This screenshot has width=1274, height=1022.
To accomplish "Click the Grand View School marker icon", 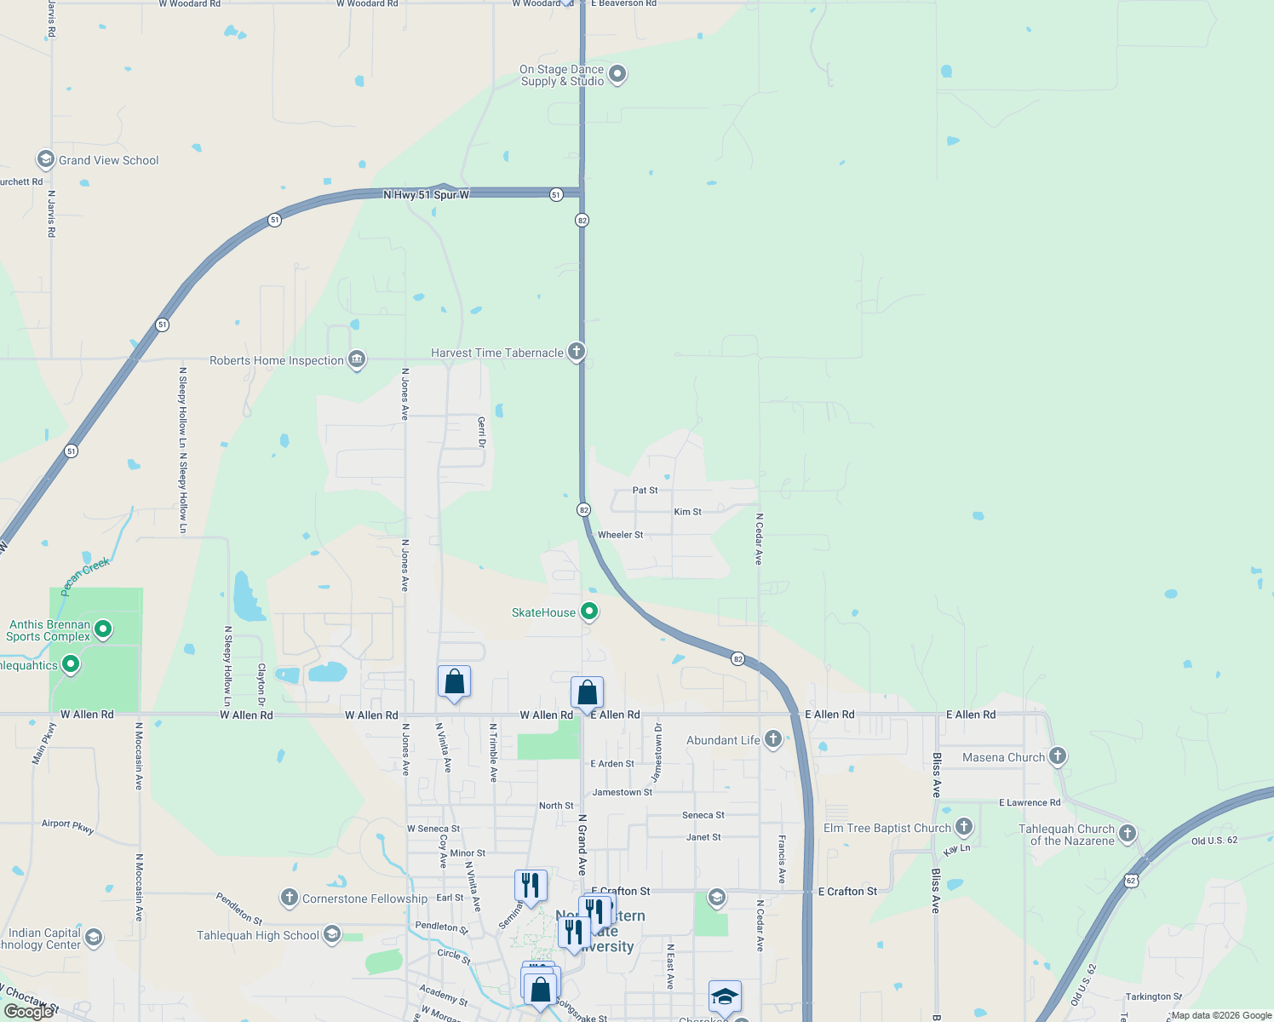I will point(45,159).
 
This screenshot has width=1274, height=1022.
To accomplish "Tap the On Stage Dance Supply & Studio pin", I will point(617,74).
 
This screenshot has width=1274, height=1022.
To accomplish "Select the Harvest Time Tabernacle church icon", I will point(577,351).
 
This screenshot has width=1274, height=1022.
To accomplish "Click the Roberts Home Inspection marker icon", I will point(357,359).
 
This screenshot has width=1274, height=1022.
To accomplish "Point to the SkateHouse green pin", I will point(588,611).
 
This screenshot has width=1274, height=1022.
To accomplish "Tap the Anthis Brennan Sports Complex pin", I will point(103,629).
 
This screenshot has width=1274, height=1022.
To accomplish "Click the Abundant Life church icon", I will point(772,738).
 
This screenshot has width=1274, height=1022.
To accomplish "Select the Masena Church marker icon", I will point(1057,755).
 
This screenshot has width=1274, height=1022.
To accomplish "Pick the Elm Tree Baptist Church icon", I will point(963,826).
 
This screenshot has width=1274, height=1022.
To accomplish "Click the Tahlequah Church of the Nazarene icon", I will point(1128,833).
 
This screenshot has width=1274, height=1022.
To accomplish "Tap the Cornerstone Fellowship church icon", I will point(290,898).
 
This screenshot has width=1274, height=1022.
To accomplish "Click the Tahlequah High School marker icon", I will point(332,934).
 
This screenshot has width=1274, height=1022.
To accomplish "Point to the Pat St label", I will point(645,491).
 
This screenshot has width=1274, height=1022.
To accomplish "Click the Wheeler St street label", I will point(620,535).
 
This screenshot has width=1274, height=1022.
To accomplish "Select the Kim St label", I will point(687,512).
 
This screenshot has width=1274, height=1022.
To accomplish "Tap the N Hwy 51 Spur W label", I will point(426,195).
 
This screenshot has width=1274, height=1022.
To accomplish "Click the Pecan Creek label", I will point(85,577).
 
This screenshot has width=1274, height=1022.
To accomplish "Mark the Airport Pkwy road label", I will point(68,825).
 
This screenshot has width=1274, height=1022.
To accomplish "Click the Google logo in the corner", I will point(28,1012).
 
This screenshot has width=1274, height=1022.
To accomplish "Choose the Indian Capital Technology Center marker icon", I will point(93,938).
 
